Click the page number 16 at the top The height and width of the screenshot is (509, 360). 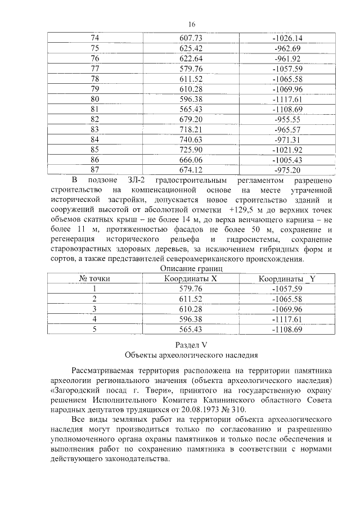coord(191,24)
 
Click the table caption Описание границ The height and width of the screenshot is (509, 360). coord(191,269)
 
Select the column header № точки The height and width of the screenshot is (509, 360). coord(94,279)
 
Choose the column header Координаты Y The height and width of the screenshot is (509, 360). coord(287,279)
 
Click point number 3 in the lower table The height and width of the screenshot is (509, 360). coord(94,309)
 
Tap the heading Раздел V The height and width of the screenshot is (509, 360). coord(191,344)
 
